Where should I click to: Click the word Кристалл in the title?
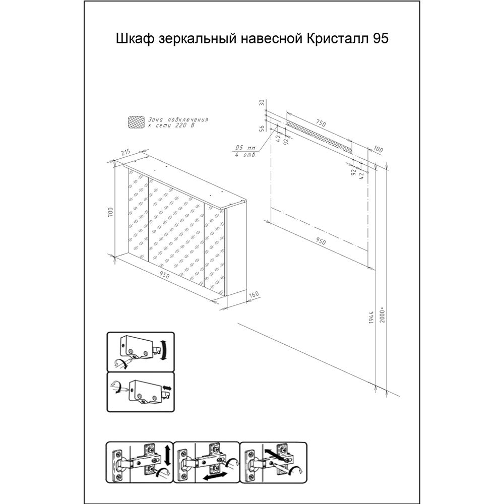click(338, 39)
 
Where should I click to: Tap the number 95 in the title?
click(381, 39)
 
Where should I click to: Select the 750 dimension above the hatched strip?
click(321, 123)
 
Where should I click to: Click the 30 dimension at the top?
click(262, 103)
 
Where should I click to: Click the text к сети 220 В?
click(171, 125)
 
